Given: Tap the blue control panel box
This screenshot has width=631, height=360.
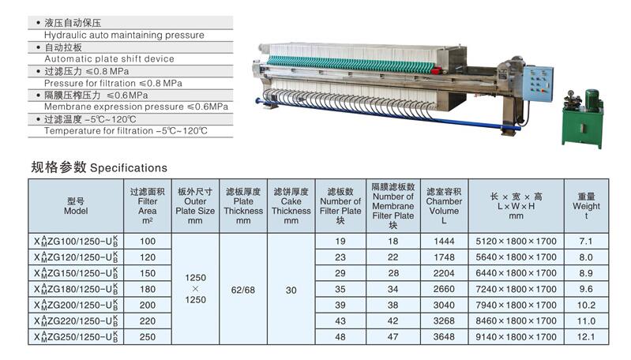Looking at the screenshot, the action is point(538,84).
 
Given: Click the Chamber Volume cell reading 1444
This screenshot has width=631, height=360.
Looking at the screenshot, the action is point(444,242).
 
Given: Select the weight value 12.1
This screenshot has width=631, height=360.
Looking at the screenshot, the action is point(586,337).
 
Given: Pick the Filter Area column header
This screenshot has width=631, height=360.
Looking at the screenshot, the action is point(148,205).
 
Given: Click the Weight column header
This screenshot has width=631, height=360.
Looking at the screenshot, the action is point(586,205).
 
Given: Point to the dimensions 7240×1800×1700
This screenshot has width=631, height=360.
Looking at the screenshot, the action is point(516,289).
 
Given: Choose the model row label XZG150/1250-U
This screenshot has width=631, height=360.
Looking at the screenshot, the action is point(76,273).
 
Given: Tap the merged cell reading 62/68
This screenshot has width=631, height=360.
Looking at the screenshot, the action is point(243,290).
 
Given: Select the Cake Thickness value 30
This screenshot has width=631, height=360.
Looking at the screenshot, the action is point(291,290).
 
